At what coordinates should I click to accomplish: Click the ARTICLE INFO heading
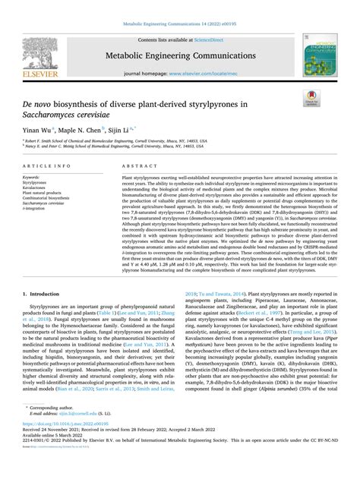pos(49,165)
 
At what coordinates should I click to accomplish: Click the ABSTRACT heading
pos(137,165)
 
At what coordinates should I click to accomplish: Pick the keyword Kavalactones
pos(39,188)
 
